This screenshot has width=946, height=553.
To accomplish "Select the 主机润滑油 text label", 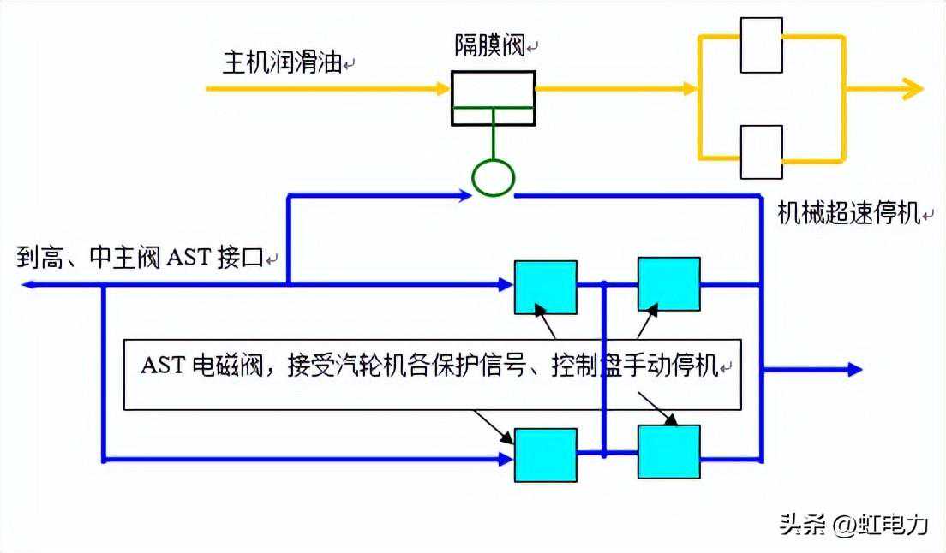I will click(x=283, y=63).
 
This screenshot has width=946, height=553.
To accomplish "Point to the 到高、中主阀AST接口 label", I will click(x=141, y=258).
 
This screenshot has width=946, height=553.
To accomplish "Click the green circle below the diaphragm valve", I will click(x=493, y=178).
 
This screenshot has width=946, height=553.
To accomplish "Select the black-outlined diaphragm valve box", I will click(x=493, y=97).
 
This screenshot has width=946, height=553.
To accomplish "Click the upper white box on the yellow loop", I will click(x=761, y=45).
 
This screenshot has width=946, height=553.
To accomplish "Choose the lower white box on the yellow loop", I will click(x=761, y=152).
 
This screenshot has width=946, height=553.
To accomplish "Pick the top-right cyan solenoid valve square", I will click(x=668, y=284).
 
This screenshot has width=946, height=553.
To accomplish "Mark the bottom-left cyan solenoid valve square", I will click(x=545, y=455).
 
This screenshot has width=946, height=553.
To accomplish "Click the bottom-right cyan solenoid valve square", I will click(x=668, y=451).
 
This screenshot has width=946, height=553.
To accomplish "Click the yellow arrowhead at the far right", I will click(x=912, y=88).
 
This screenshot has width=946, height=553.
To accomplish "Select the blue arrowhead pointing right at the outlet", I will click(x=854, y=370).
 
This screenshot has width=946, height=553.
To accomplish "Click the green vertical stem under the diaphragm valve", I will click(x=493, y=142).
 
